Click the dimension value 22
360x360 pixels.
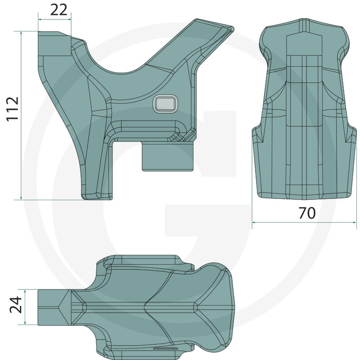[x=58, y=10]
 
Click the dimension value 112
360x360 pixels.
[x=13, y=109]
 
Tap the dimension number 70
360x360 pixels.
[x=307, y=213]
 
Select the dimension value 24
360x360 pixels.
[x=16, y=305]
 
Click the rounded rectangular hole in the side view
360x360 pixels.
[x=165, y=104]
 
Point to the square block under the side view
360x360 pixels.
[x=167, y=157]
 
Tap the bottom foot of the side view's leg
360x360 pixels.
[x=97, y=197]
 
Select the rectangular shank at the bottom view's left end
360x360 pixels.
[x=54, y=307]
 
